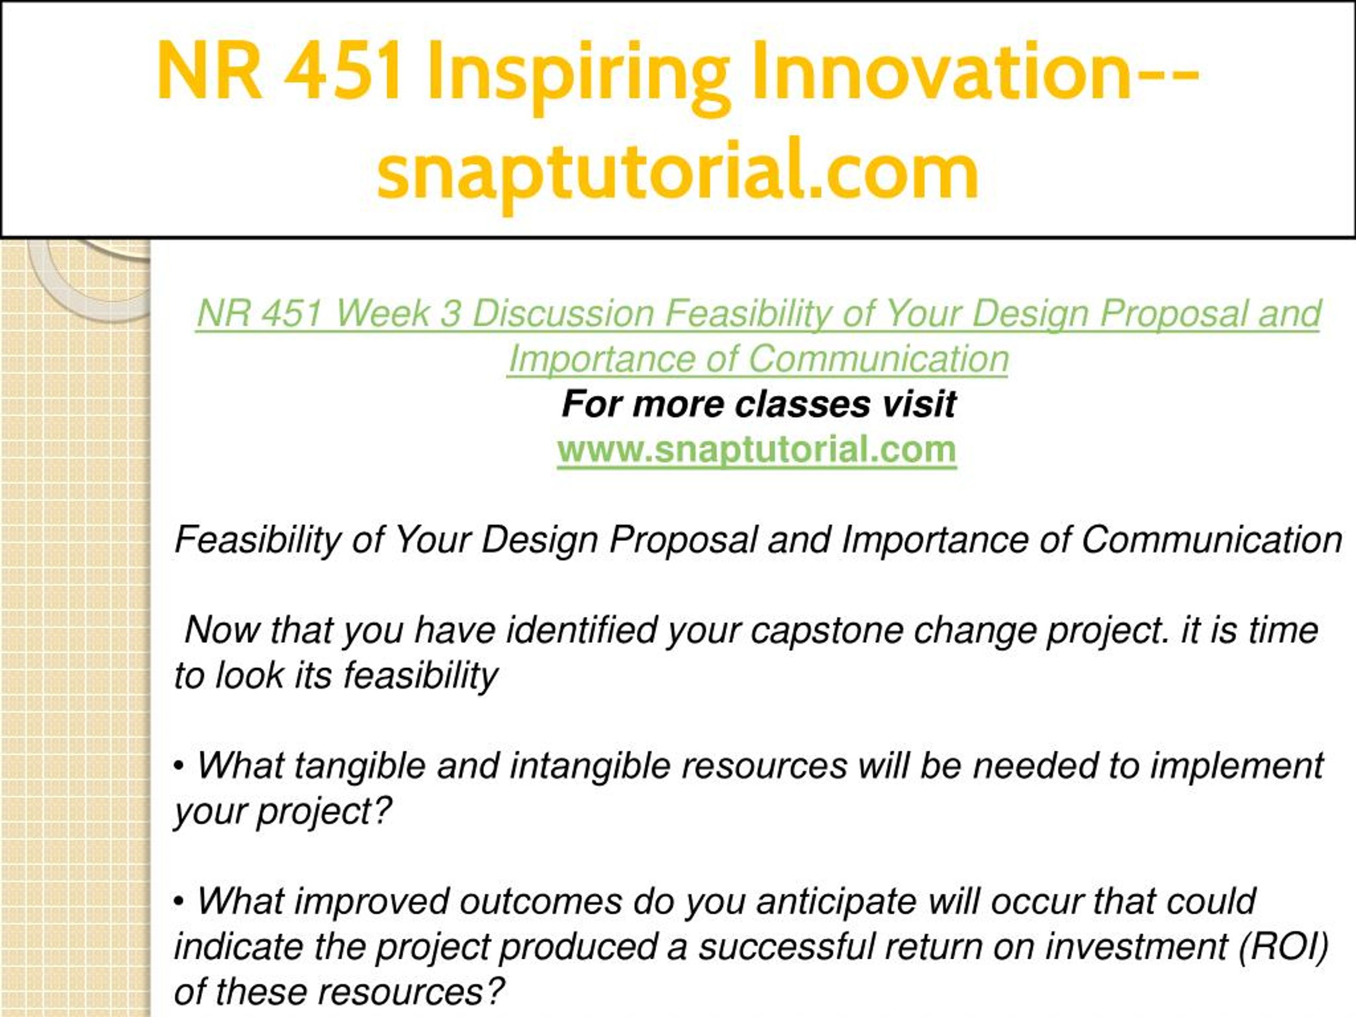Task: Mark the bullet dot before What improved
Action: pos(179,904)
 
